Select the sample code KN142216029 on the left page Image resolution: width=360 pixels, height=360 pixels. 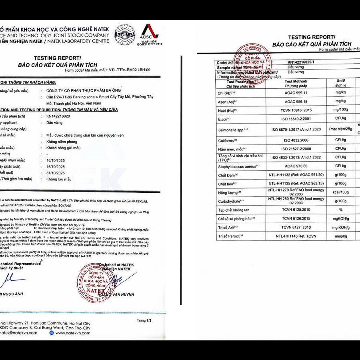pos(58,116)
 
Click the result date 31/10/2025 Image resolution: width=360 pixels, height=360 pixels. pos(56,173)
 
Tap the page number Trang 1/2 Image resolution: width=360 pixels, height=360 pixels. pos(144,320)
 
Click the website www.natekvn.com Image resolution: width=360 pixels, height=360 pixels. pos(72,333)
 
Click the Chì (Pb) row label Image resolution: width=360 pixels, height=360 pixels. pos(226,92)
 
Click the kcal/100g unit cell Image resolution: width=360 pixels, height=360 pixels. pos(341,192)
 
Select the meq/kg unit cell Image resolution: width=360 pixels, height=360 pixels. pos(341,236)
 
